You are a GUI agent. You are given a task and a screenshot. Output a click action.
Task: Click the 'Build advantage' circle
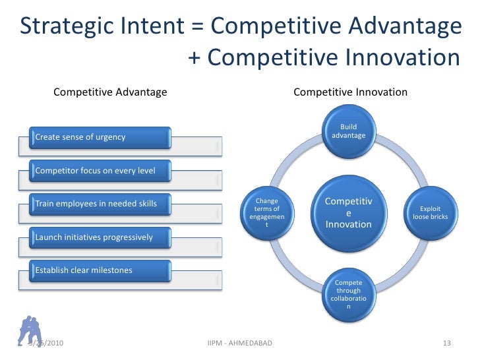348,131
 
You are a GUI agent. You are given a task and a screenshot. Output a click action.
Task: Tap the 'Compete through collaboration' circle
348,295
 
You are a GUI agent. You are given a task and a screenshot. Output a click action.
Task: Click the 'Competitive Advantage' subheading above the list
109,92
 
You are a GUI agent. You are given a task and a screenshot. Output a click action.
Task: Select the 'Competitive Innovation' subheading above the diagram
350,92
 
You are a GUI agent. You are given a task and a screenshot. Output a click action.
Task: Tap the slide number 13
446,344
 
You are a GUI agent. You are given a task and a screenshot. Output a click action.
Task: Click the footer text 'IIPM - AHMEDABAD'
239,344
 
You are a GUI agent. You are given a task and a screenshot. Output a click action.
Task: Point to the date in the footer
47,344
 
